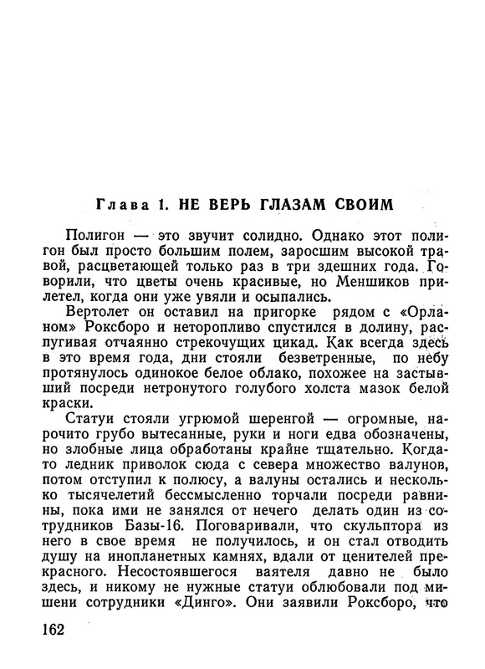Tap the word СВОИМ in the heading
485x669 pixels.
point(391,204)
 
